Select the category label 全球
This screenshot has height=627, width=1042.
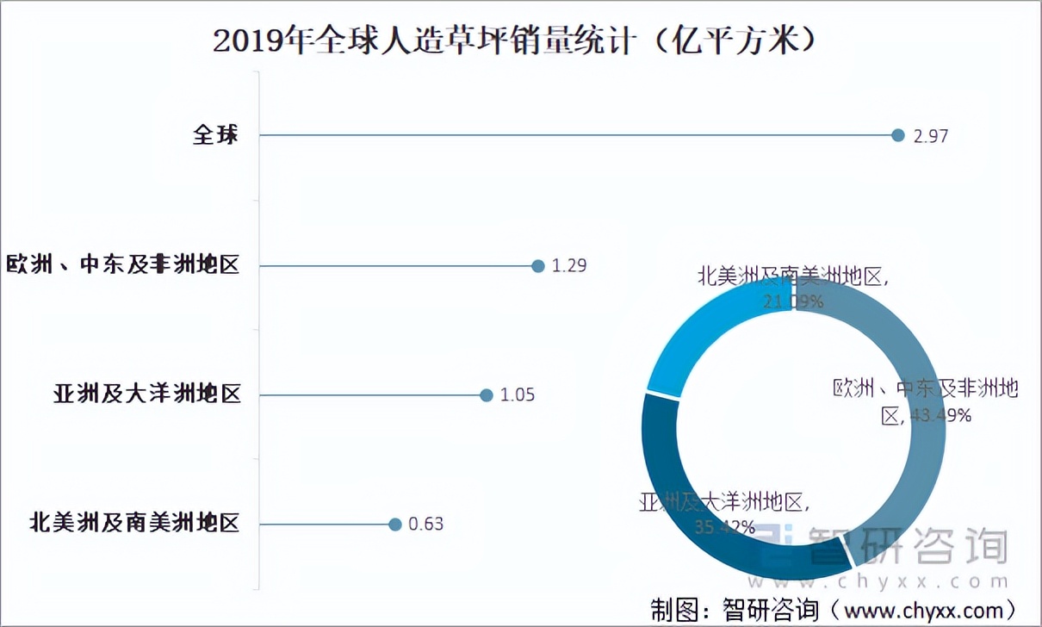coord(214,135)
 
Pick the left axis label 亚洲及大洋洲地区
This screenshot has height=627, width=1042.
coord(146,394)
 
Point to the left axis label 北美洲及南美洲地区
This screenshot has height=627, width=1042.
coord(134,523)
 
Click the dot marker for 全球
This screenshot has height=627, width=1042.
coord(898,135)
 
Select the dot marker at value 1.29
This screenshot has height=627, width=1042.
coord(538,266)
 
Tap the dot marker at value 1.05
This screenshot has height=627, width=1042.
coord(486,395)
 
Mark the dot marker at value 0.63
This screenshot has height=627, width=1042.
coord(395,524)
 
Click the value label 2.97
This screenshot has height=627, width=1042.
coord(931,136)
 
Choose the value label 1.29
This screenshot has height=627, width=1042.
coord(569,266)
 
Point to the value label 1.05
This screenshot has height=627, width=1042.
coord(518,395)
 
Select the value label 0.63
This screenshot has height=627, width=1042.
coord(426,524)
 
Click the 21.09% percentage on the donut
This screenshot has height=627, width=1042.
coord(793,301)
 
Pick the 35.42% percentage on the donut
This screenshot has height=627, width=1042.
coord(725,525)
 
